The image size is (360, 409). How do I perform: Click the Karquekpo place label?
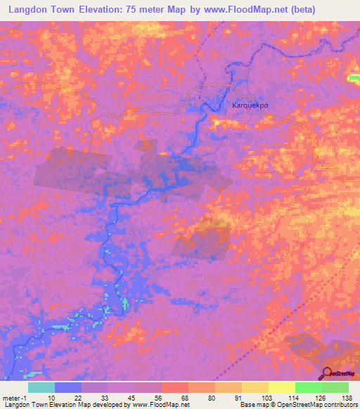[x=250, y=105]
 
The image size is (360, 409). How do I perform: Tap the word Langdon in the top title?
[x=32, y=10]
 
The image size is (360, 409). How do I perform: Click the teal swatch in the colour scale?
[x=41, y=387]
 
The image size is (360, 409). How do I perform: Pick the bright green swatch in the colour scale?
[x=308, y=387]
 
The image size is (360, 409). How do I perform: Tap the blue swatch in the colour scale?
[x=68, y=387]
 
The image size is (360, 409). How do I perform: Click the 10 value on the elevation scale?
[x=51, y=398]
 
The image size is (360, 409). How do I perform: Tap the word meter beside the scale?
[x=11, y=398]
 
